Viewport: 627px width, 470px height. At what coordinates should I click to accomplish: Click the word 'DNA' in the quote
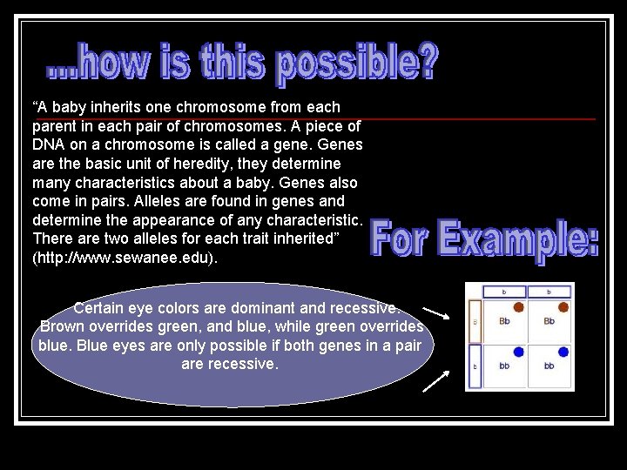pos(50,144)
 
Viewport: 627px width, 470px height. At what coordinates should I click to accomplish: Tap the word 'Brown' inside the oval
pos(63,326)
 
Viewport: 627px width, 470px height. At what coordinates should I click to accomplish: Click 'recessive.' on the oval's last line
pos(244,364)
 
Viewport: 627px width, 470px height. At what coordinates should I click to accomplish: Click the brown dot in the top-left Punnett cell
pos(518,307)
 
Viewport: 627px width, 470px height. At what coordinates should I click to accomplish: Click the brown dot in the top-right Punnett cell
pos(563,307)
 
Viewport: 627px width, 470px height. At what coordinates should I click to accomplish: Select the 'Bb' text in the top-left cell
pos(504,321)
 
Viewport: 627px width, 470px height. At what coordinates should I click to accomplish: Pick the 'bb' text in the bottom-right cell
pos(549,366)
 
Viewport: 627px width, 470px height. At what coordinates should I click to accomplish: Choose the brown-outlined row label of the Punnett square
pos(475,320)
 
